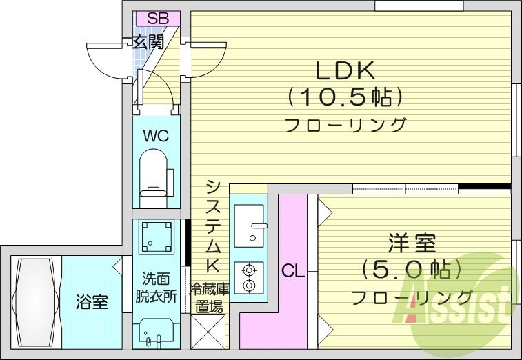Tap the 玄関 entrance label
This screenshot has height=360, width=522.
(x=148, y=43)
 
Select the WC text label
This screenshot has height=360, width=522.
(x=155, y=136)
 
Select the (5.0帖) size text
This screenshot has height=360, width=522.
(x=412, y=269)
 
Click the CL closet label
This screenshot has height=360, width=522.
(x=293, y=272)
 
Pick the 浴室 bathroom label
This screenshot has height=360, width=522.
(x=91, y=302)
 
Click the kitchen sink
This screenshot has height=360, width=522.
(x=248, y=225)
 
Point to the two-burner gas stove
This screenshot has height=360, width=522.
(x=248, y=277)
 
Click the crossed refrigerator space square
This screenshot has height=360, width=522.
(x=208, y=332)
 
